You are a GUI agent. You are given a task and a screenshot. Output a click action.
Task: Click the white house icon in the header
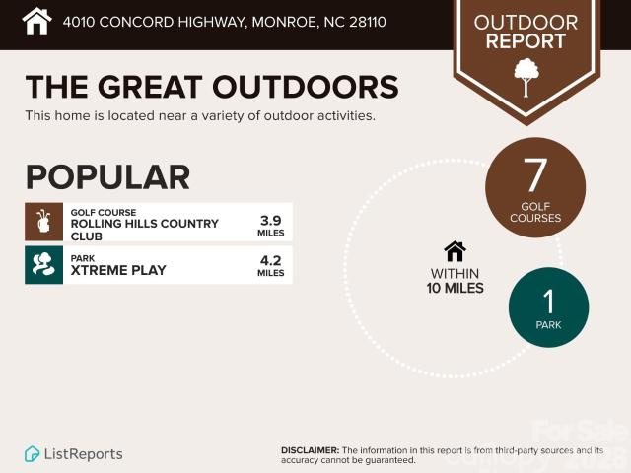tap(36, 22)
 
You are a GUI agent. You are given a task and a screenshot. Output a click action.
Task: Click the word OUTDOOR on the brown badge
tap(526, 23)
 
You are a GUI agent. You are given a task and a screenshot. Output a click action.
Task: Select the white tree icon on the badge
tap(526, 77)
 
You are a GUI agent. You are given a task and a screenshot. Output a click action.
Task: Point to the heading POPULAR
tap(107, 177)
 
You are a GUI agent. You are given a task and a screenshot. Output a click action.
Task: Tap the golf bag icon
tap(43, 222)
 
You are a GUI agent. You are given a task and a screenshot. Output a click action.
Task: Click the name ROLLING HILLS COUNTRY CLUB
tap(145, 230)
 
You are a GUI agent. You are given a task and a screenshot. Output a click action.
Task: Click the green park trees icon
tap(43, 265)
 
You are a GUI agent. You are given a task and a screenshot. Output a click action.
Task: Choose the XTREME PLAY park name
tap(118, 270)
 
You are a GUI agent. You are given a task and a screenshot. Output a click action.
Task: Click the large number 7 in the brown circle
tap(535, 175)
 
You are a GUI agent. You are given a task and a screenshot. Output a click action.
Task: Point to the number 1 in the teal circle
tap(549, 302)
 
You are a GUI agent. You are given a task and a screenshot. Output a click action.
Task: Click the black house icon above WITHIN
tap(456, 252)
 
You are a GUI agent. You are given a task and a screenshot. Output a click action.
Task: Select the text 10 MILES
tap(456, 288)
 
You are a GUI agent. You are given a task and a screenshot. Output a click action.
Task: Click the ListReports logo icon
tap(32, 454)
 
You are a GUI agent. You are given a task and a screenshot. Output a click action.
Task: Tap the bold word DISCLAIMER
tap(310, 450)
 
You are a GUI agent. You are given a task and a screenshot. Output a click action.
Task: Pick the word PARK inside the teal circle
tap(549, 325)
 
